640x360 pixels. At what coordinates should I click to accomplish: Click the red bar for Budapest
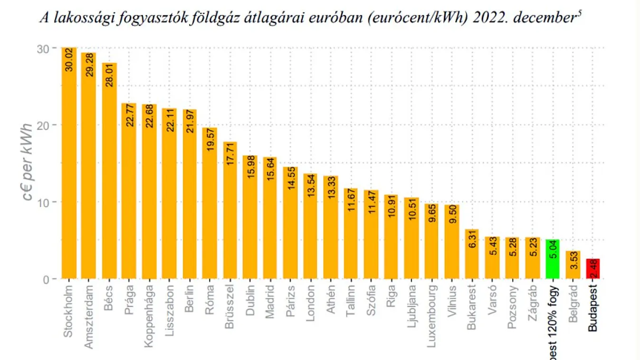click(x=592, y=269)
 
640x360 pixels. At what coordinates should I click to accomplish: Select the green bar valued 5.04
click(x=553, y=259)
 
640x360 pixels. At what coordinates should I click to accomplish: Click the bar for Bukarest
click(x=472, y=254)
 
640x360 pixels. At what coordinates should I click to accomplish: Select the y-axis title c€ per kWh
click(x=28, y=161)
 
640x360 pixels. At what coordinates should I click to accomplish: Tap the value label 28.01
click(x=109, y=75)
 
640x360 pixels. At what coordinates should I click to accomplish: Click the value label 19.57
click(x=210, y=140)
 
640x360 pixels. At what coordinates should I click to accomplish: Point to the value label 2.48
click(x=593, y=269)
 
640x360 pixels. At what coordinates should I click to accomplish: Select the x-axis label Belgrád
click(x=573, y=303)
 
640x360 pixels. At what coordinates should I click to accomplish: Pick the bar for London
click(x=310, y=226)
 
